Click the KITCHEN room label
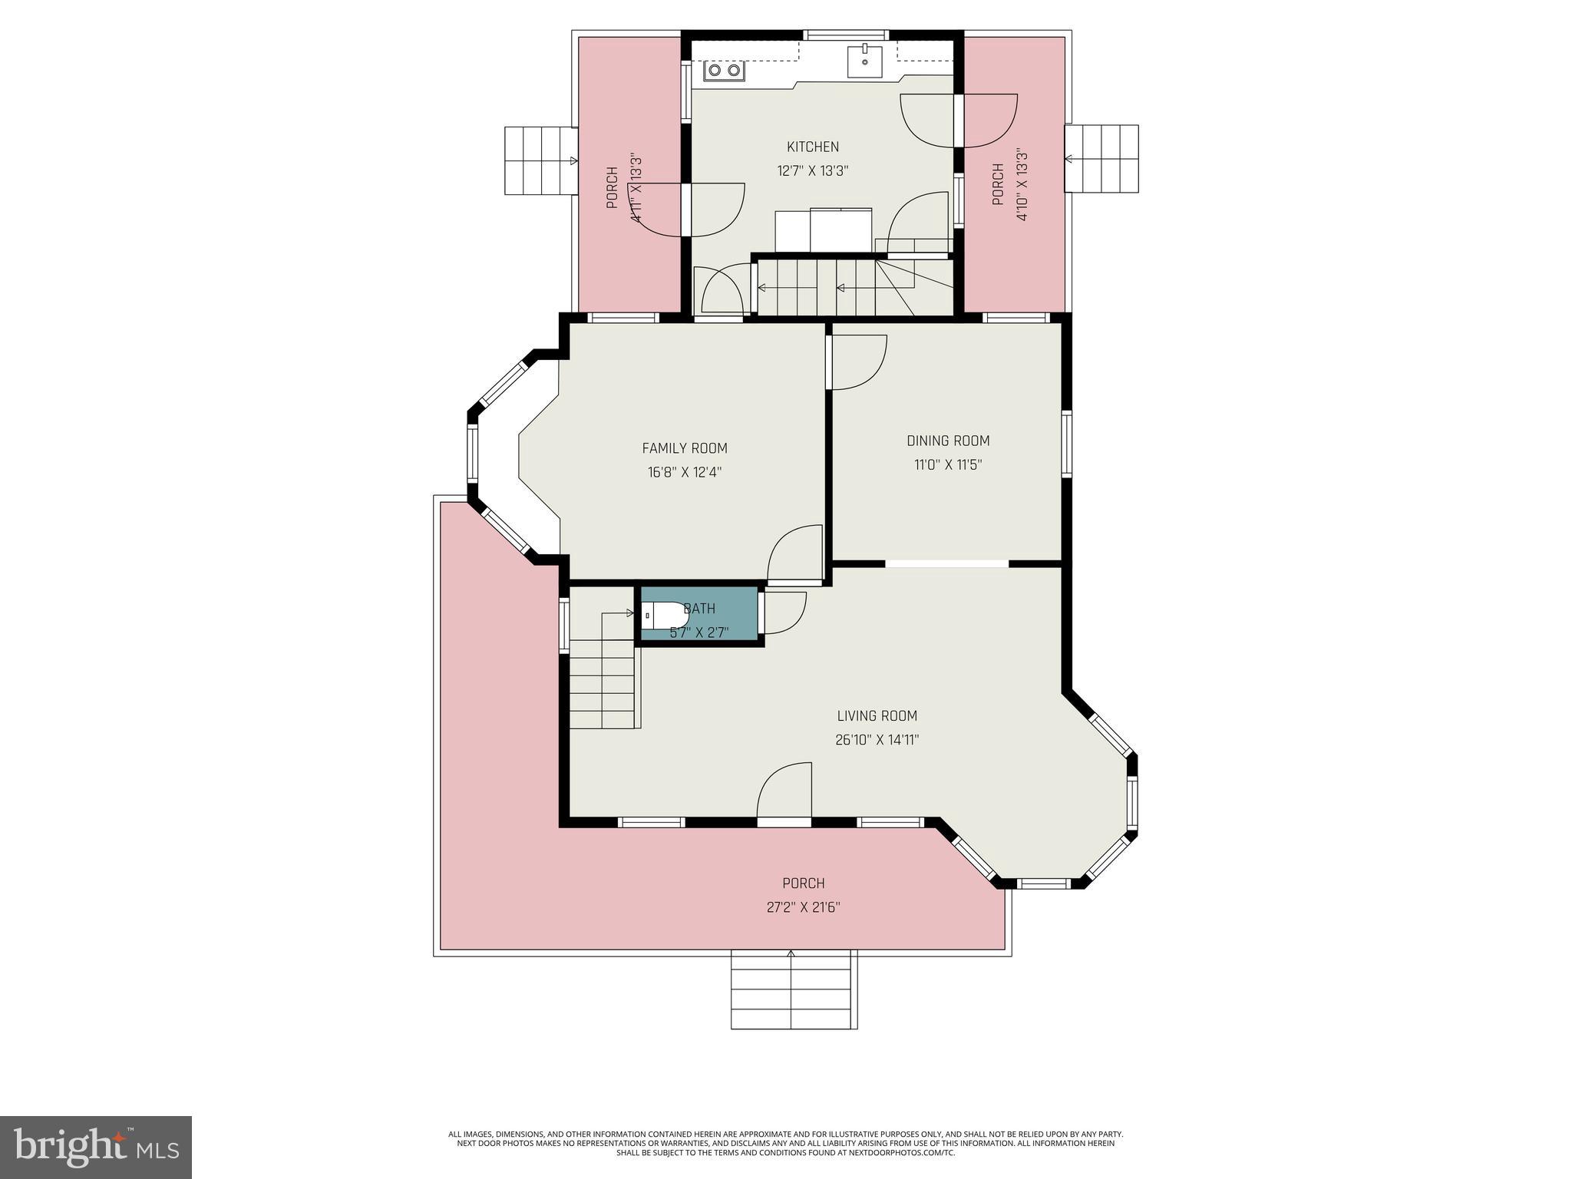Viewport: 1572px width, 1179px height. click(x=812, y=147)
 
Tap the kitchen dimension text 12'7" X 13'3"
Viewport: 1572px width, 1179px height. click(x=812, y=171)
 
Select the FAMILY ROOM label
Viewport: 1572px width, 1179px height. click(x=684, y=448)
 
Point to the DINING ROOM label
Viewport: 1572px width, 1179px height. click(x=948, y=441)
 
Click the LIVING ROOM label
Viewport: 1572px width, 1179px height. click(x=877, y=716)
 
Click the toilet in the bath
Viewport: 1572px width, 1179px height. click(x=665, y=615)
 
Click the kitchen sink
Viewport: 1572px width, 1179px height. click(x=865, y=61)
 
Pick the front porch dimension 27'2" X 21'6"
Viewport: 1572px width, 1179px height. click(x=803, y=907)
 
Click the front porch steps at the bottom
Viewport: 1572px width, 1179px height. click(x=793, y=990)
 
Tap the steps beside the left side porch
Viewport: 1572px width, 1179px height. click(x=540, y=160)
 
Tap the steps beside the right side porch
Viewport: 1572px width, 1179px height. click(x=1101, y=159)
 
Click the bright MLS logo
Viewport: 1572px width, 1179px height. click(x=95, y=1147)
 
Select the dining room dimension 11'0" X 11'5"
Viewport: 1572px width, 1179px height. click(x=948, y=465)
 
